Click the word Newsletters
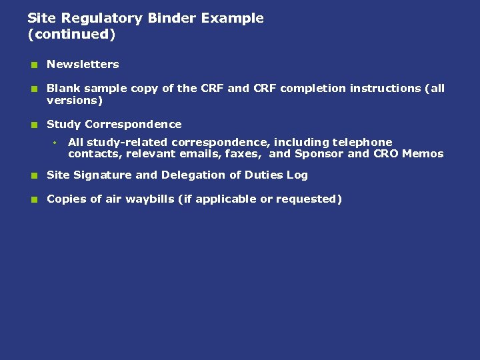point(83,65)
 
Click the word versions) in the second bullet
point(75,101)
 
